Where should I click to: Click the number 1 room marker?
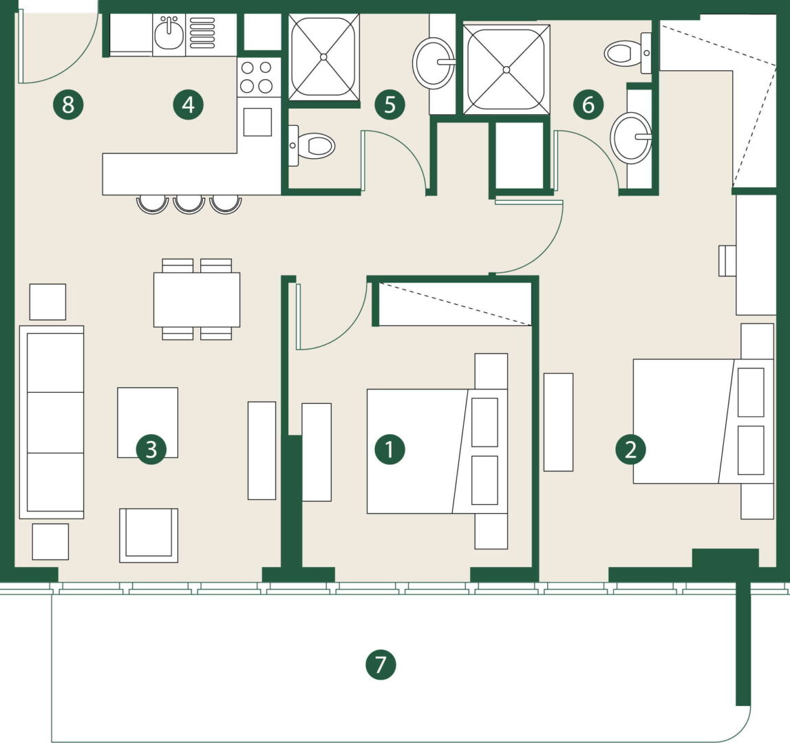tap(389, 449)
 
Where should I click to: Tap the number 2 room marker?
tap(631, 449)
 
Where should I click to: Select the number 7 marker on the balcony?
tap(381, 665)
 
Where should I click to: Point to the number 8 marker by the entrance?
tap(68, 105)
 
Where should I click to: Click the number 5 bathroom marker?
tap(389, 105)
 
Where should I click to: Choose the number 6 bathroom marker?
tap(588, 105)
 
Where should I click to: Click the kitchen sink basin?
tap(169, 33)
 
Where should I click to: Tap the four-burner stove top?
tap(256, 76)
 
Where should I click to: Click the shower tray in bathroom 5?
tap(324, 56)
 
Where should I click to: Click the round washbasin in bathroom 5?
tap(434, 64)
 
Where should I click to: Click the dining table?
tap(197, 300)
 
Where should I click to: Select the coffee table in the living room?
tap(148, 422)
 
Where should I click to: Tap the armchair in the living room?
tap(149, 535)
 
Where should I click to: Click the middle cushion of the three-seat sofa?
tap(55, 422)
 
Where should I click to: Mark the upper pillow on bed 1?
tap(484, 422)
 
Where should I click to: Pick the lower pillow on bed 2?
tap(751, 450)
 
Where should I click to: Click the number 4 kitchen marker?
tap(188, 105)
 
